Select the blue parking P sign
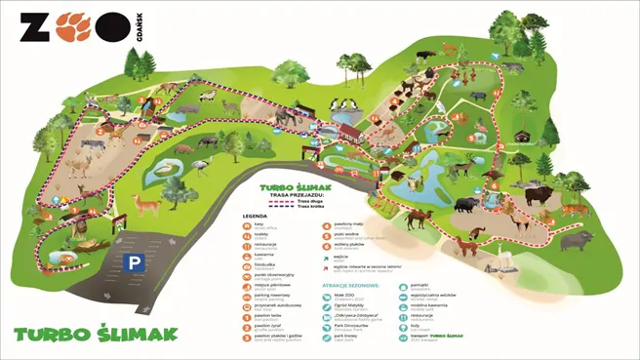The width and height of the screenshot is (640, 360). click(134, 261)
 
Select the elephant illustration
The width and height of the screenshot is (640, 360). click(281, 116)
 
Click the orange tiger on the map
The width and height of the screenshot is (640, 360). click(575, 208)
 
